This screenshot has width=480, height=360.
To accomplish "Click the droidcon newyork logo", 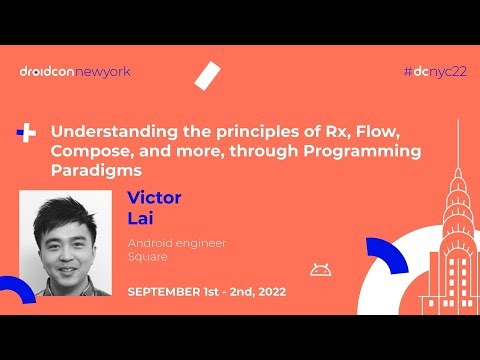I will point(74,71).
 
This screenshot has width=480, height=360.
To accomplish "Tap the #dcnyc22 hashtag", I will point(431,71).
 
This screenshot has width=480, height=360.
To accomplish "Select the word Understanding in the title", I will point(102,131).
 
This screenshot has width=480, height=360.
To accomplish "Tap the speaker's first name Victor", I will point(154,197).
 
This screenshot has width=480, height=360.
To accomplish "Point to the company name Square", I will point(146,259).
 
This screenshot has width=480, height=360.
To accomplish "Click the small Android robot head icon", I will point(320,269).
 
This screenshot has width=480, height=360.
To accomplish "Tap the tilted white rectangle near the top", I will point(208,75).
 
